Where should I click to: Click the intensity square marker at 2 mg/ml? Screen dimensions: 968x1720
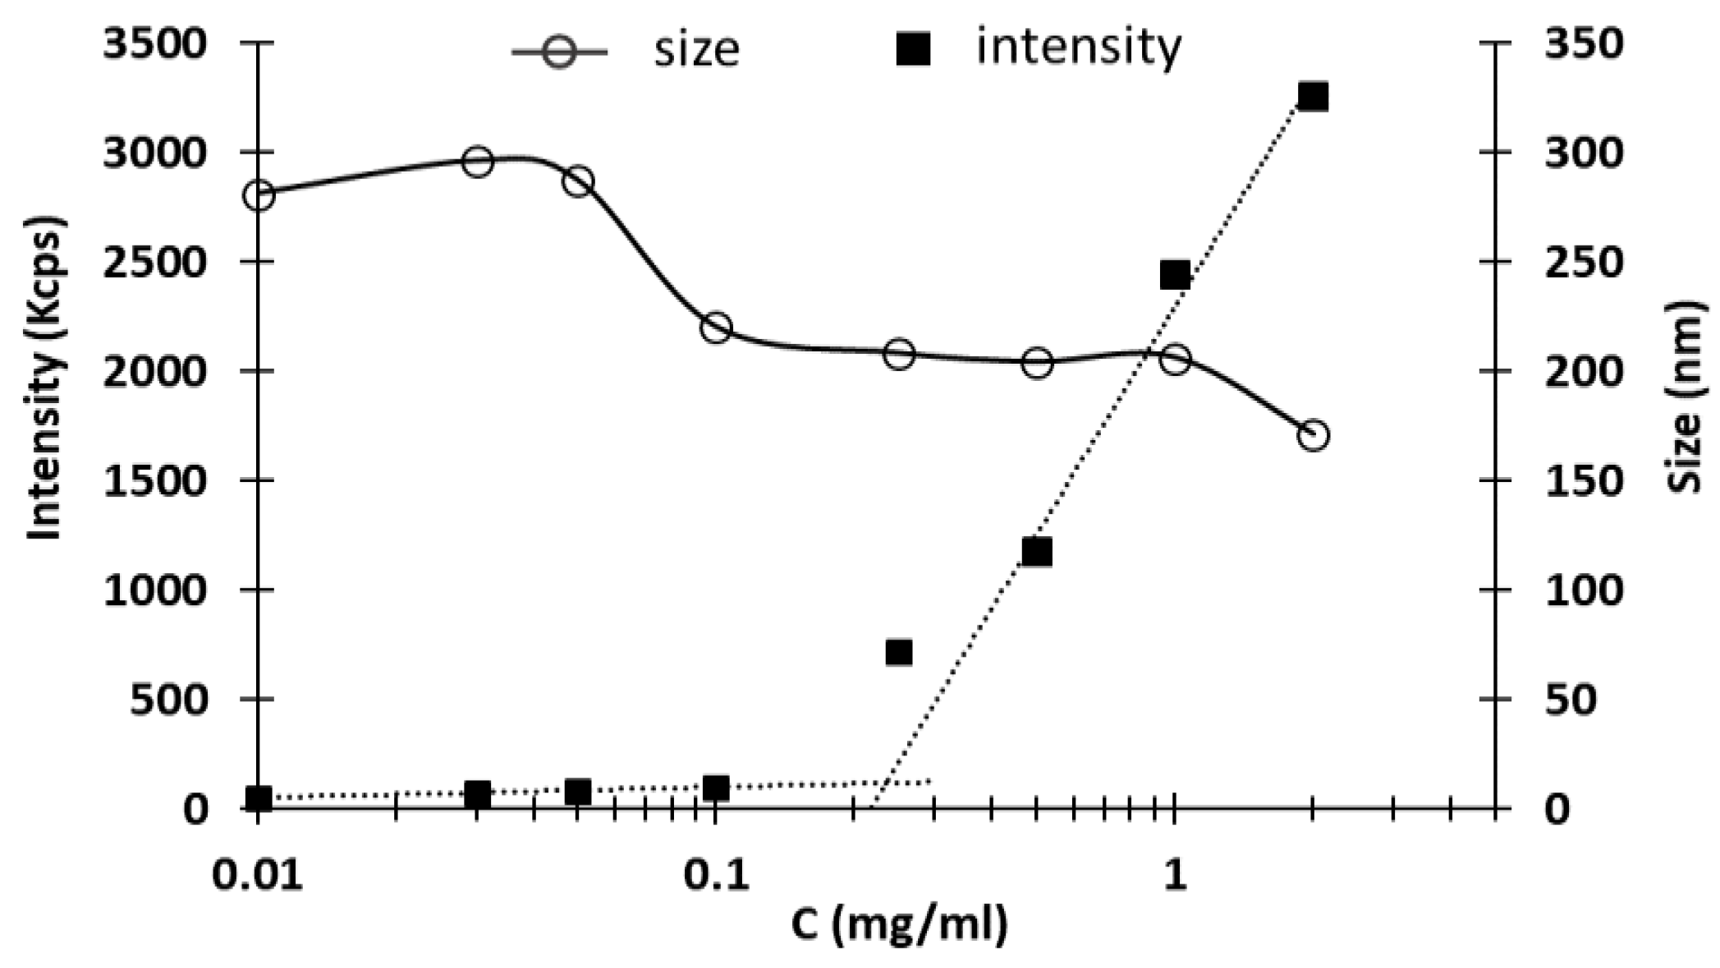[1313, 97]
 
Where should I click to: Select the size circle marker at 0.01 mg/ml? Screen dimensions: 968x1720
[259, 195]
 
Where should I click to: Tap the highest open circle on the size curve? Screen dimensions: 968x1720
[477, 162]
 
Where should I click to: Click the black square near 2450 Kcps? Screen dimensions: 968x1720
[1175, 275]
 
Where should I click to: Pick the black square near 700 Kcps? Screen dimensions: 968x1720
[899, 653]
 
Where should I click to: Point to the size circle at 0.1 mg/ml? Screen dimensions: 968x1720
[716, 328]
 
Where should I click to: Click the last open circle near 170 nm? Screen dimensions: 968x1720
[1313, 435]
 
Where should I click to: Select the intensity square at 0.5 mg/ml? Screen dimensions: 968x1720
[1037, 553]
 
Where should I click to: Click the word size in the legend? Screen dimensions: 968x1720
[695, 49]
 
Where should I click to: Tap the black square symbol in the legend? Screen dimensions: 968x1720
[913, 49]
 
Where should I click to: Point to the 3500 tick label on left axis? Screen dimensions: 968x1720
[154, 43]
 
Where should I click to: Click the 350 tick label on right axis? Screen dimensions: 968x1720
[1584, 43]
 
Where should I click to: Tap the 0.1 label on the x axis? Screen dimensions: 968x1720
[716, 875]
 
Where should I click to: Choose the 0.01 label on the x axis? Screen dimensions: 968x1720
[257, 875]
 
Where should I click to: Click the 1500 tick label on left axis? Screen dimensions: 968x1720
[154, 480]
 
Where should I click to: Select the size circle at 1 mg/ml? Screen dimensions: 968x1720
[1175, 359]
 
